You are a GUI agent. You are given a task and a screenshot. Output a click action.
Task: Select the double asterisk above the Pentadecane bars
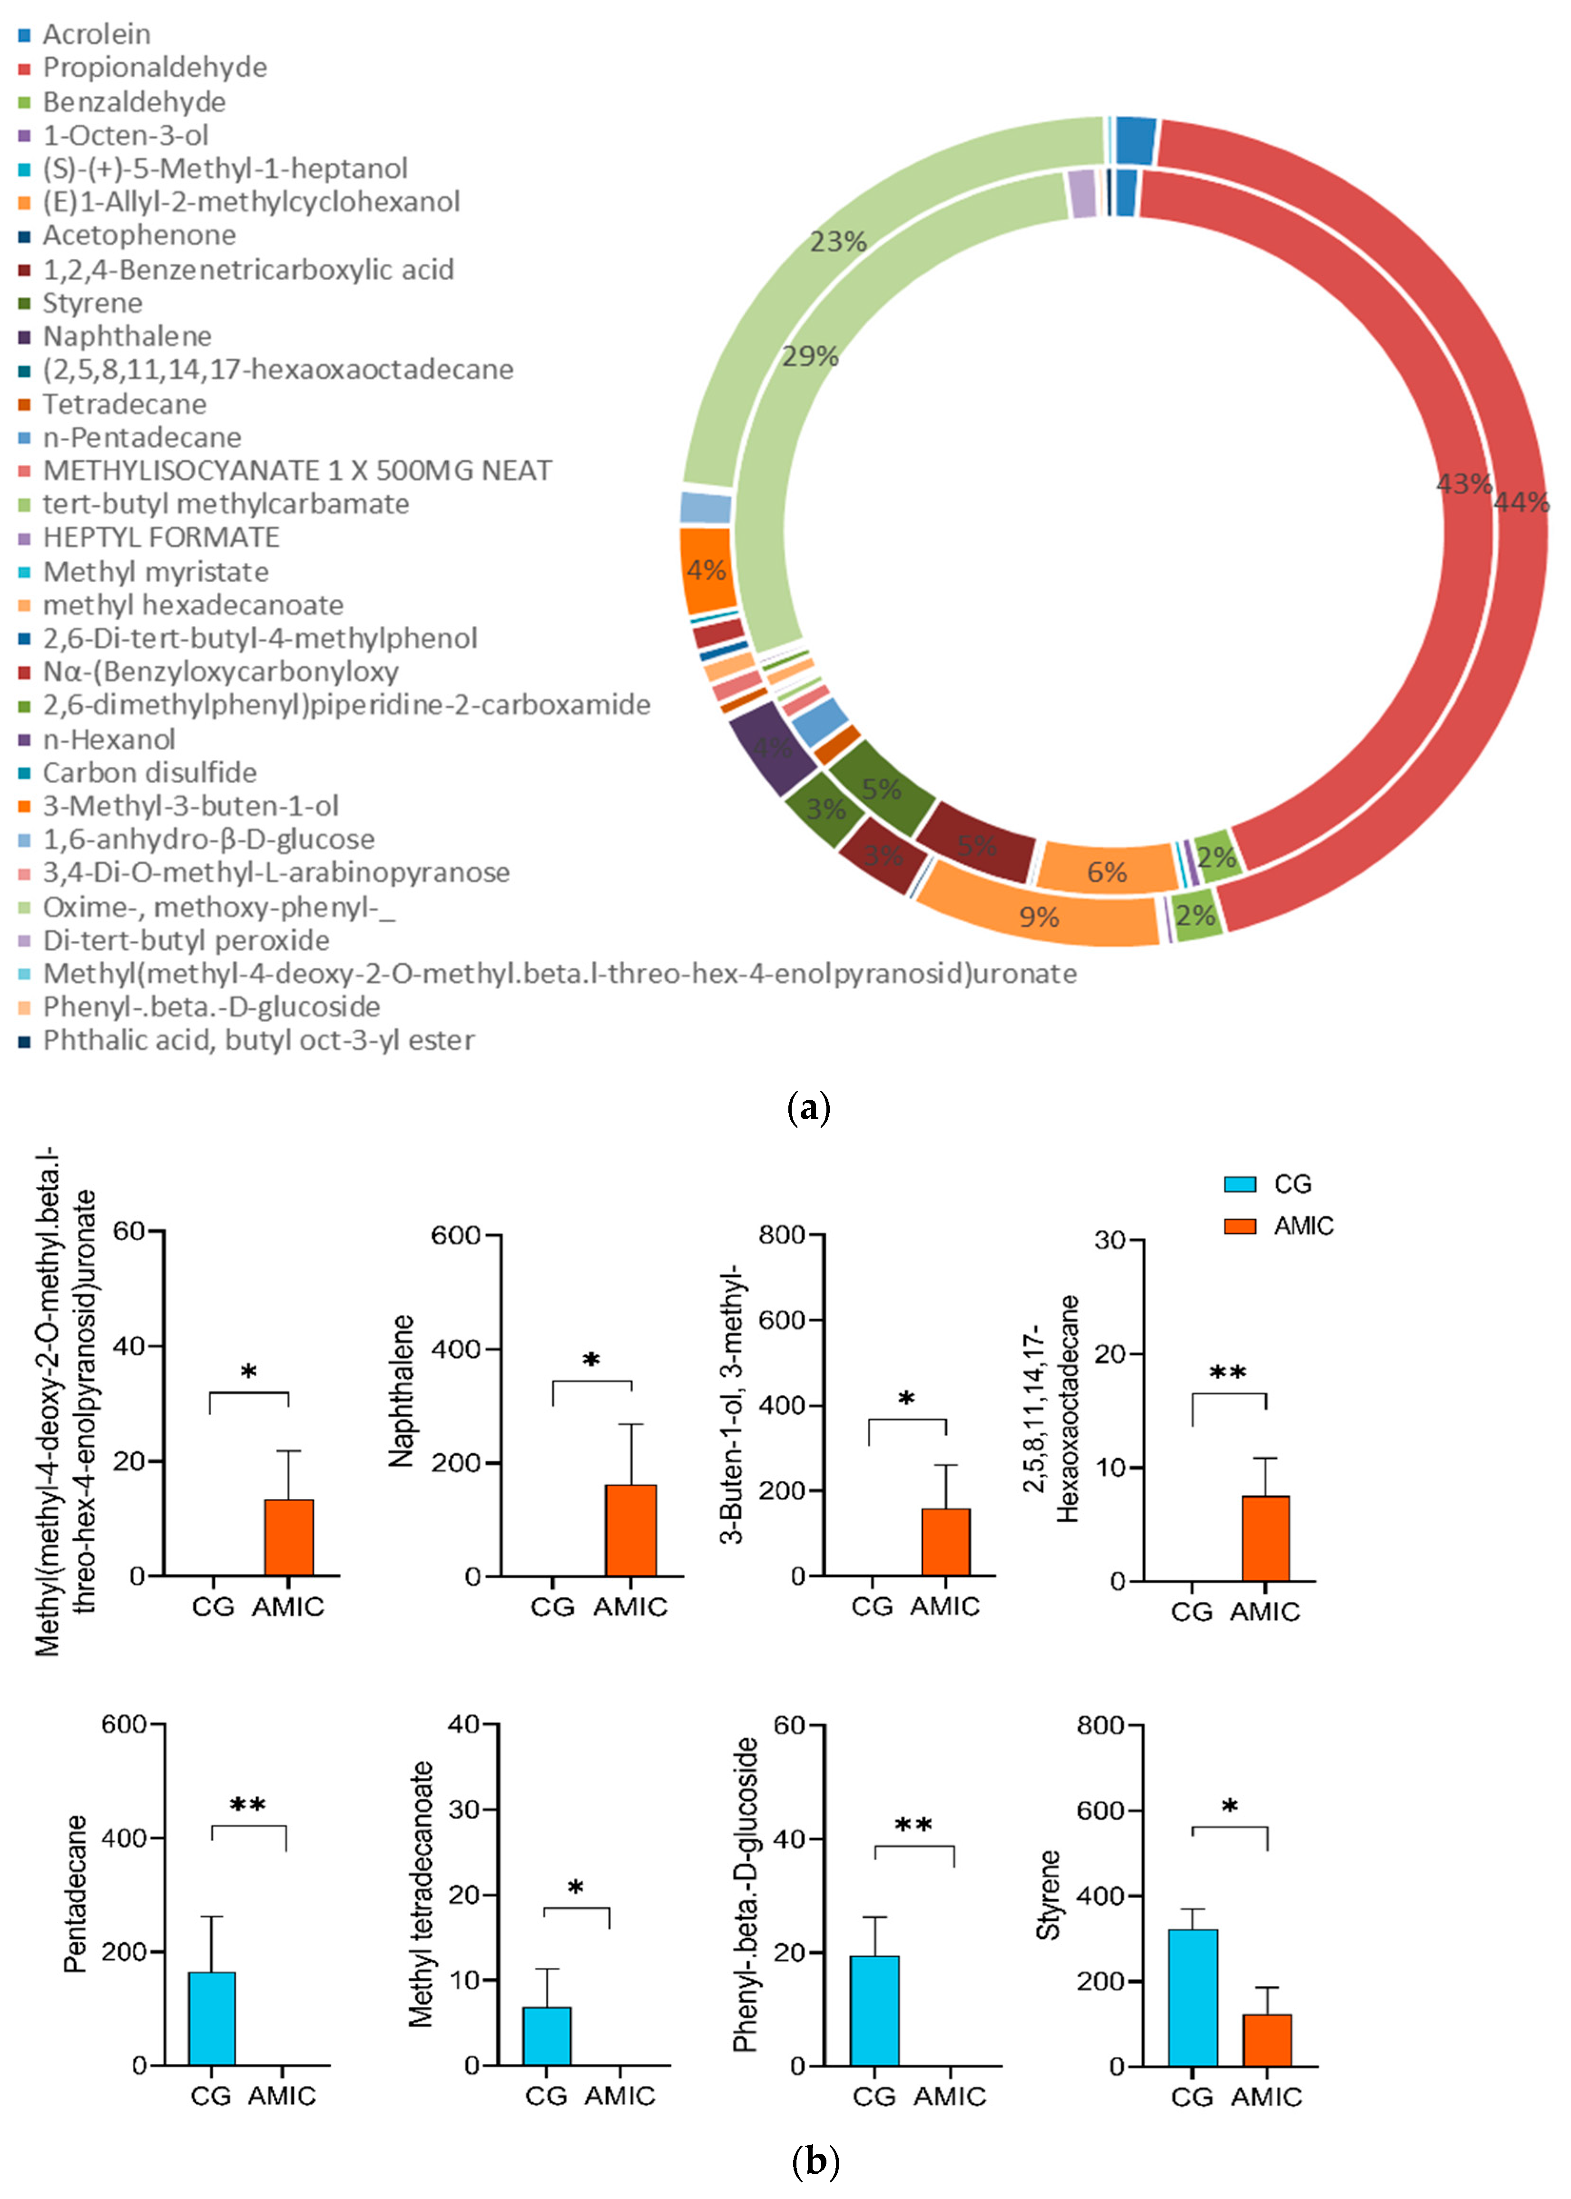[x=248, y=1805]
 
